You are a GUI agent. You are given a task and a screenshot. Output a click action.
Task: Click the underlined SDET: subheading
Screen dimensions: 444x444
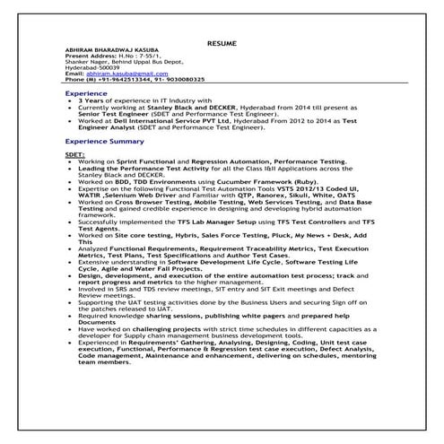pos(74,154)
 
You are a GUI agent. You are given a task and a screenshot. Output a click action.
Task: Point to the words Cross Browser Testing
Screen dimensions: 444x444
pos(145,202)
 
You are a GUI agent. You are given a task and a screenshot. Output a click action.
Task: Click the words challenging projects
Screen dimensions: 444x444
pos(154,328)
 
